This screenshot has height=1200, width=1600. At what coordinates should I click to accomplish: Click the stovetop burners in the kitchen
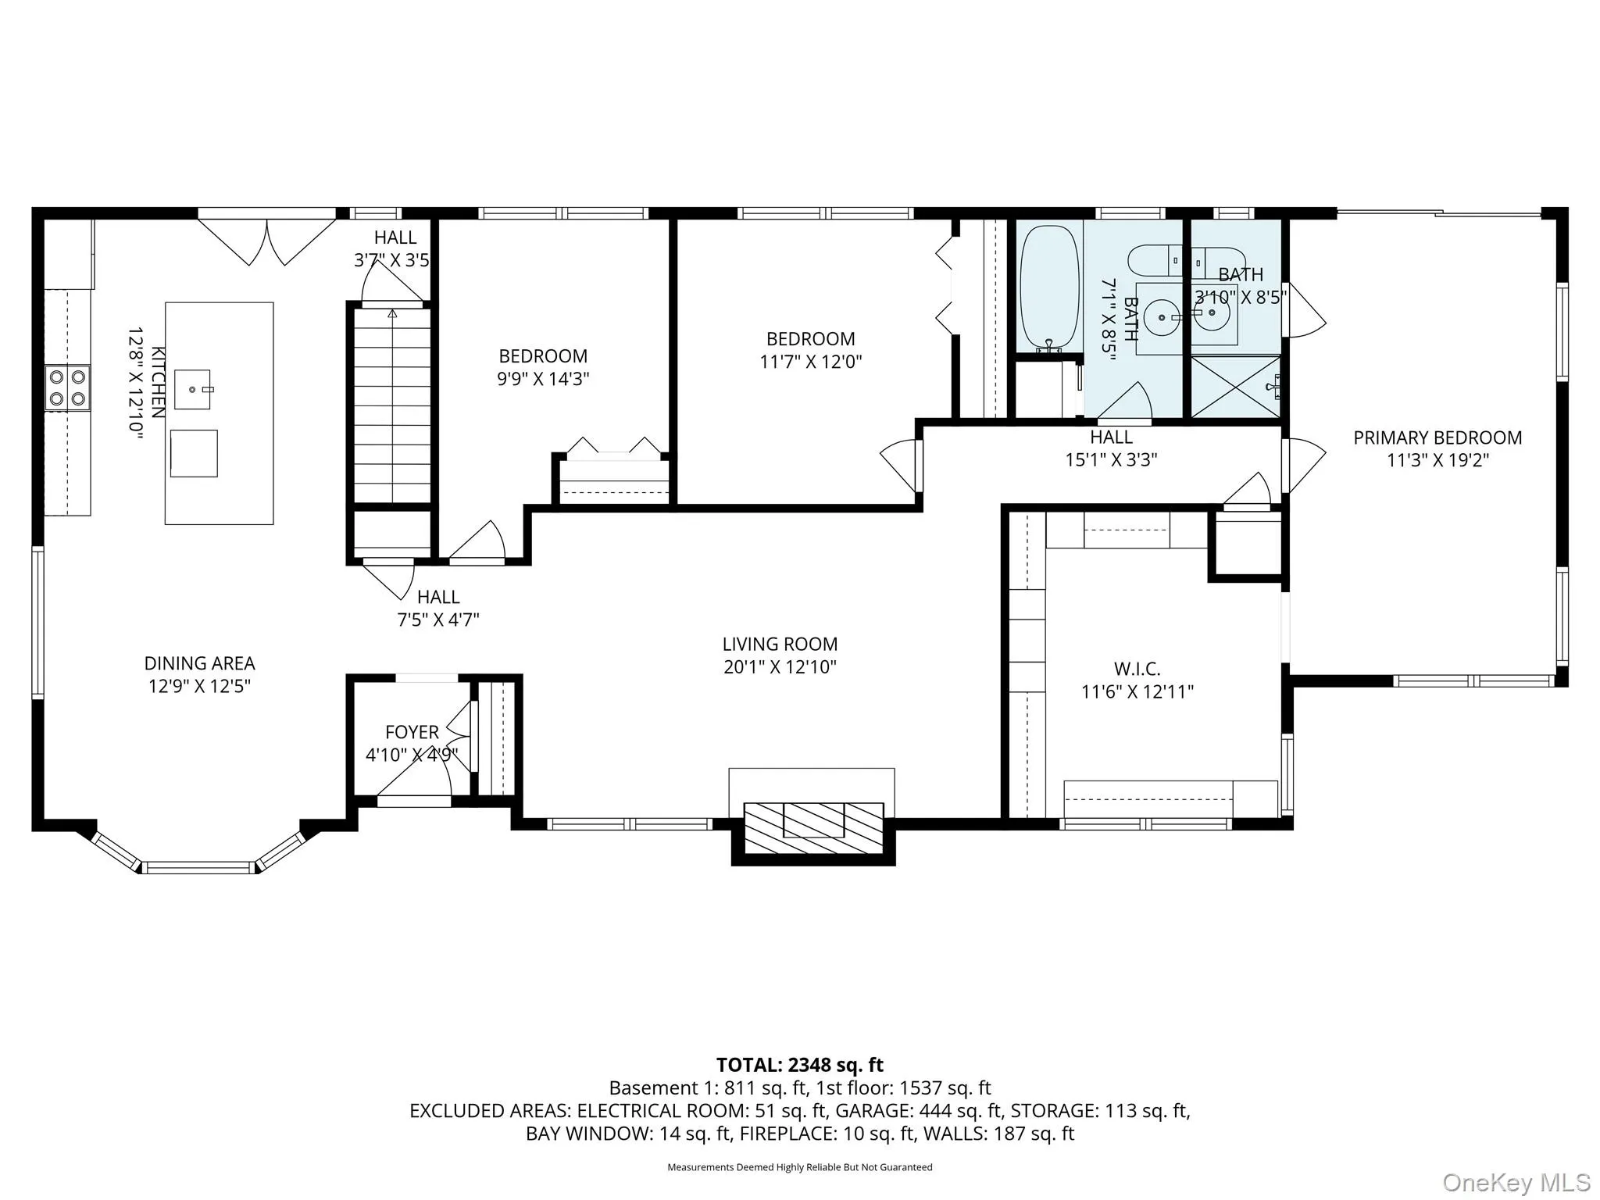67,387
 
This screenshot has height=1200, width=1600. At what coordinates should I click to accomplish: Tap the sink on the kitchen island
192,389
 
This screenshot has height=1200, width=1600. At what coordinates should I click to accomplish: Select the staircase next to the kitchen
392,406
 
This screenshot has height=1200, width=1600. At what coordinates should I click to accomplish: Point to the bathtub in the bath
1049,287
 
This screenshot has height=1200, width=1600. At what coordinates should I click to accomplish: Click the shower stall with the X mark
1235,387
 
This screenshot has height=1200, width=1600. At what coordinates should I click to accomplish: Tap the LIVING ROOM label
780,645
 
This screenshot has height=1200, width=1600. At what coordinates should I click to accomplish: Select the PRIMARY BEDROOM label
1437,438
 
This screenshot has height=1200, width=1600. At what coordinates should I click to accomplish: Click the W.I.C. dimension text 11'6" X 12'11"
1137,691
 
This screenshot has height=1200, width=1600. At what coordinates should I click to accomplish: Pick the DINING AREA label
199,663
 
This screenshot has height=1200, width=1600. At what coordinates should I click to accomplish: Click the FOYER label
412,732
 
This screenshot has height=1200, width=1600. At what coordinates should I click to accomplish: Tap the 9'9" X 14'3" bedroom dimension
543,379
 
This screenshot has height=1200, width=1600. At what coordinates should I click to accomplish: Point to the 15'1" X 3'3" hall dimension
1111,459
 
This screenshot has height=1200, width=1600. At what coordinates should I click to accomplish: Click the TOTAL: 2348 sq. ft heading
799,1065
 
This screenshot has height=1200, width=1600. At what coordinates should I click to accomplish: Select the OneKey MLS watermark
1516,1182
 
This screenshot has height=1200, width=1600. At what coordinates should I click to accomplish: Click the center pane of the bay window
199,867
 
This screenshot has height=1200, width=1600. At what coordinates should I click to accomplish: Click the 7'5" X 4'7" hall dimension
438,620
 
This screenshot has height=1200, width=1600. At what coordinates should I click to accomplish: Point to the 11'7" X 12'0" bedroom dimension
810,362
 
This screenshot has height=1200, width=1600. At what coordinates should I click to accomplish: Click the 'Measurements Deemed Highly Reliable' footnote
799,1167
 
